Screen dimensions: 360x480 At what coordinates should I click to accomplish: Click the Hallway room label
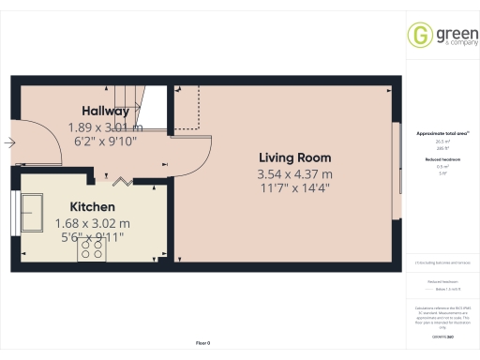(x=104, y=110)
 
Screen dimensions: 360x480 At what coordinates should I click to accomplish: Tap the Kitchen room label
(x=91, y=206)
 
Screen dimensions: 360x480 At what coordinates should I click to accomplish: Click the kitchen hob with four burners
(x=92, y=247)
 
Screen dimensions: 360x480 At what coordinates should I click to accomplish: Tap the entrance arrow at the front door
(x=8, y=143)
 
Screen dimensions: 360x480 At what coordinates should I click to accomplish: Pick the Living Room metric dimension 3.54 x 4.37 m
(x=295, y=174)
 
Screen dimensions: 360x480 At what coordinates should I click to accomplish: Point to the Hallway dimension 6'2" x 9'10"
(x=104, y=142)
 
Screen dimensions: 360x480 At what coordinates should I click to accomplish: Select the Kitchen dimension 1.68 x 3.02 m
(x=91, y=223)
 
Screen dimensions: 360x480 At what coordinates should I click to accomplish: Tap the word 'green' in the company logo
(x=450, y=30)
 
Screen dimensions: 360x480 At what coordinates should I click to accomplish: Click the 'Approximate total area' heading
(x=435, y=134)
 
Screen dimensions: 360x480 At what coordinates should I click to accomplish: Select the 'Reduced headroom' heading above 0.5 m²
(x=435, y=160)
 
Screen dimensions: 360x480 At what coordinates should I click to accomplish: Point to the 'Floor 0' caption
(x=202, y=344)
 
